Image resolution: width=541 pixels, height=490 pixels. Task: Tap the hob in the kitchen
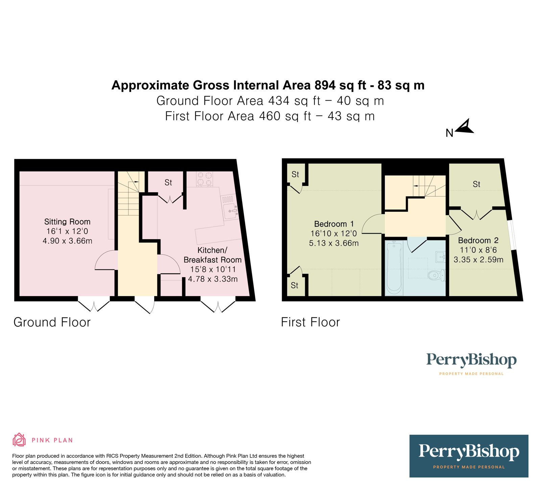pos(205,179)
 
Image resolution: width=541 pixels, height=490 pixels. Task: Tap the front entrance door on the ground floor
pos(145,305)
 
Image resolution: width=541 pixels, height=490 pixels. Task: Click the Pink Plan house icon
pos(19,440)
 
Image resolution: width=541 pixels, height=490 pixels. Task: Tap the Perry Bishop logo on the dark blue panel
pos(469,456)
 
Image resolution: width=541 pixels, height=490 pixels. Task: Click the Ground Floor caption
pos(52,322)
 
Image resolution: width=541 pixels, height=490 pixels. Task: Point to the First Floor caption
pos(310,322)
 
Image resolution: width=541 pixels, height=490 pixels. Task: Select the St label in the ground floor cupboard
pos(168,183)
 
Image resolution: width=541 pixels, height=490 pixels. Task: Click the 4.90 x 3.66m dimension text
pos(67,241)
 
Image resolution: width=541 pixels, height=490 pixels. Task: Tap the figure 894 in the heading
pos(325,85)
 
